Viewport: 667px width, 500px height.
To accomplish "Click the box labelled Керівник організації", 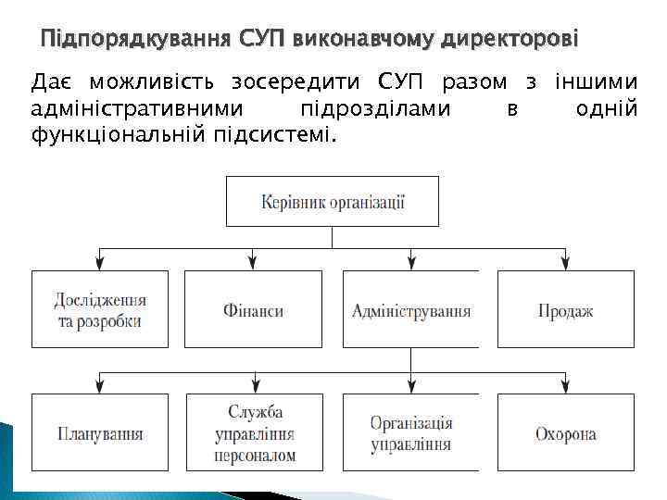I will (x=333, y=201).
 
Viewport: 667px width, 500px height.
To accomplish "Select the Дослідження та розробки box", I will (x=100, y=309).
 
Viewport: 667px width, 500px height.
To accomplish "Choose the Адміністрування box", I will (x=410, y=309).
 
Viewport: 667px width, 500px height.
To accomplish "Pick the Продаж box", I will (x=565, y=309).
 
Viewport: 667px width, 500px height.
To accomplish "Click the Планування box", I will (x=100, y=431).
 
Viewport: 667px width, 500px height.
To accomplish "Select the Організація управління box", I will (x=410, y=431).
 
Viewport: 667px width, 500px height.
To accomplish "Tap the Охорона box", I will (x=565, y=431).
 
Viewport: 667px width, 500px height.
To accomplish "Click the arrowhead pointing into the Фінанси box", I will (x=254, y=265).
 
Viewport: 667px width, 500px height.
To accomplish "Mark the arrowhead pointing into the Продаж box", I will (x=565, y=265).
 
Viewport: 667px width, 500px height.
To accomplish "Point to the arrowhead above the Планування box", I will (x=100, y=387).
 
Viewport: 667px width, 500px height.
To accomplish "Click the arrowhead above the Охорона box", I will (x=565, y=387).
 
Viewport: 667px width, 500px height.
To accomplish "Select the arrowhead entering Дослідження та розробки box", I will (x=100, y=265).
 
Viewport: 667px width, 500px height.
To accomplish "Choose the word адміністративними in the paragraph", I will (x=138, y=109).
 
